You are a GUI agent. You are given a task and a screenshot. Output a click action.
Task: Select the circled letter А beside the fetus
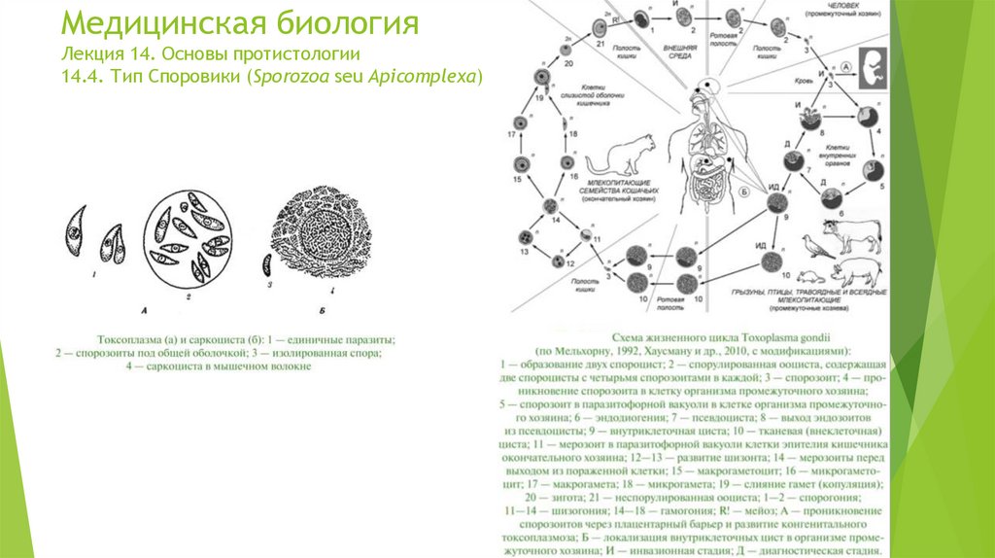coord(846,66)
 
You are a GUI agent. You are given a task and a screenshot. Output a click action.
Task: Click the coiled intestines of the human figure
coord(706,180)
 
